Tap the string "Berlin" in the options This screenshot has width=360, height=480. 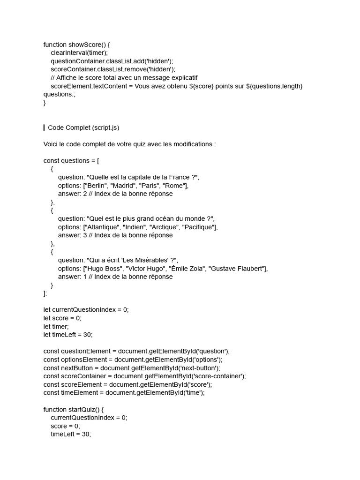[x=95, y=186]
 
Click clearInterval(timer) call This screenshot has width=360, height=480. [x=79, y=53]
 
